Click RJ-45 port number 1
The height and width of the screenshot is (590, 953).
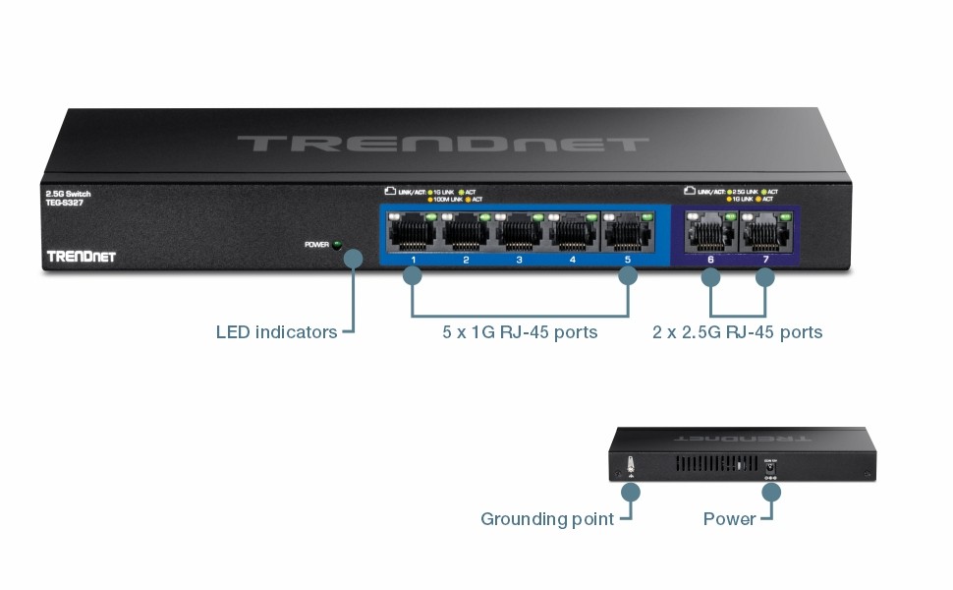413,233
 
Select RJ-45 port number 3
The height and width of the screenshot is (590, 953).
520,233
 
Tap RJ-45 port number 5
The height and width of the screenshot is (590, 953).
627,233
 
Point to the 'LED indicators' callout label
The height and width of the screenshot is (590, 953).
276,332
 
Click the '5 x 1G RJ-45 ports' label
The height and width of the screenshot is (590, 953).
520,332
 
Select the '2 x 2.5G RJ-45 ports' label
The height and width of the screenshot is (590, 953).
737,332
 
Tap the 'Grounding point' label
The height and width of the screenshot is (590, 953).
546,519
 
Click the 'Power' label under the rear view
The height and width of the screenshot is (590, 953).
729,519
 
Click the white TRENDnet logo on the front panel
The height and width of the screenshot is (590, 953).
81,257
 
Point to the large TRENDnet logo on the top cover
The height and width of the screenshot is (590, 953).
443,144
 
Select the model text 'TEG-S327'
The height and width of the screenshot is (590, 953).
64,204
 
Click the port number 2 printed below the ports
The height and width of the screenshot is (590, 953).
467,262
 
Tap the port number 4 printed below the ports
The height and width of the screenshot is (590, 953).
573,262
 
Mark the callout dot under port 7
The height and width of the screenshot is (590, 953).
765,278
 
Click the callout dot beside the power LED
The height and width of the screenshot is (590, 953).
354,258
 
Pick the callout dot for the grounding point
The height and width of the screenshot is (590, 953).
631,490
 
